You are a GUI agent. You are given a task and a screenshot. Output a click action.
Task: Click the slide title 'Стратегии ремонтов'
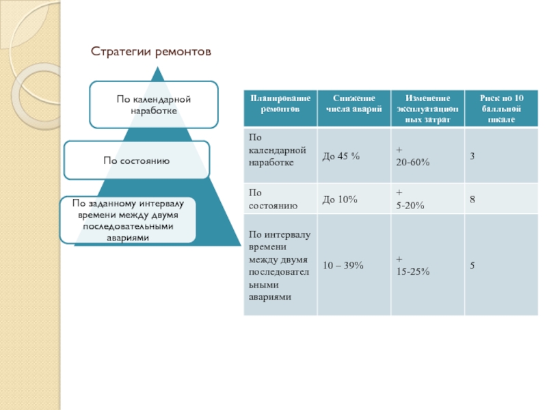coord(151,52)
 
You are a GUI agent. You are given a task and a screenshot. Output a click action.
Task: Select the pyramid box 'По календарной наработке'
coord(153,105)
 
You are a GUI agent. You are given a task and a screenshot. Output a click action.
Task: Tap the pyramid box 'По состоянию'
coord(137,160)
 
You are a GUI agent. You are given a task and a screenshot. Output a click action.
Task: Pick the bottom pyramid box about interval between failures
coord(128,220)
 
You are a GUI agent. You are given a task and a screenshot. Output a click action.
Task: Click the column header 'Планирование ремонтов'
coord(280,109)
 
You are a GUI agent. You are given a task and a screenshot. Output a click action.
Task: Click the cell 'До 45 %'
coord(341,157)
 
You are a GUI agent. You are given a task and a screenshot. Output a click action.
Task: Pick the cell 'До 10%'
coord(340,200)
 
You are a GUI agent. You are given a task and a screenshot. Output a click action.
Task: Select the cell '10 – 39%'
coord(343,266)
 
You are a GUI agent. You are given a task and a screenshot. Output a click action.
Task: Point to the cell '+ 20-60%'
coord(412,157)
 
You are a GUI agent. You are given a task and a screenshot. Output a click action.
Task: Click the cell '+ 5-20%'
coord(410,200)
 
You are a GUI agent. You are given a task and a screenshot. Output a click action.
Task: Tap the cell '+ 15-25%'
coord(412,266)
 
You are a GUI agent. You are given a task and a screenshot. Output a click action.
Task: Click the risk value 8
coord(472,200)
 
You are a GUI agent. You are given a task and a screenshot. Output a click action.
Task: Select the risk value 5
coord(472,266)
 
